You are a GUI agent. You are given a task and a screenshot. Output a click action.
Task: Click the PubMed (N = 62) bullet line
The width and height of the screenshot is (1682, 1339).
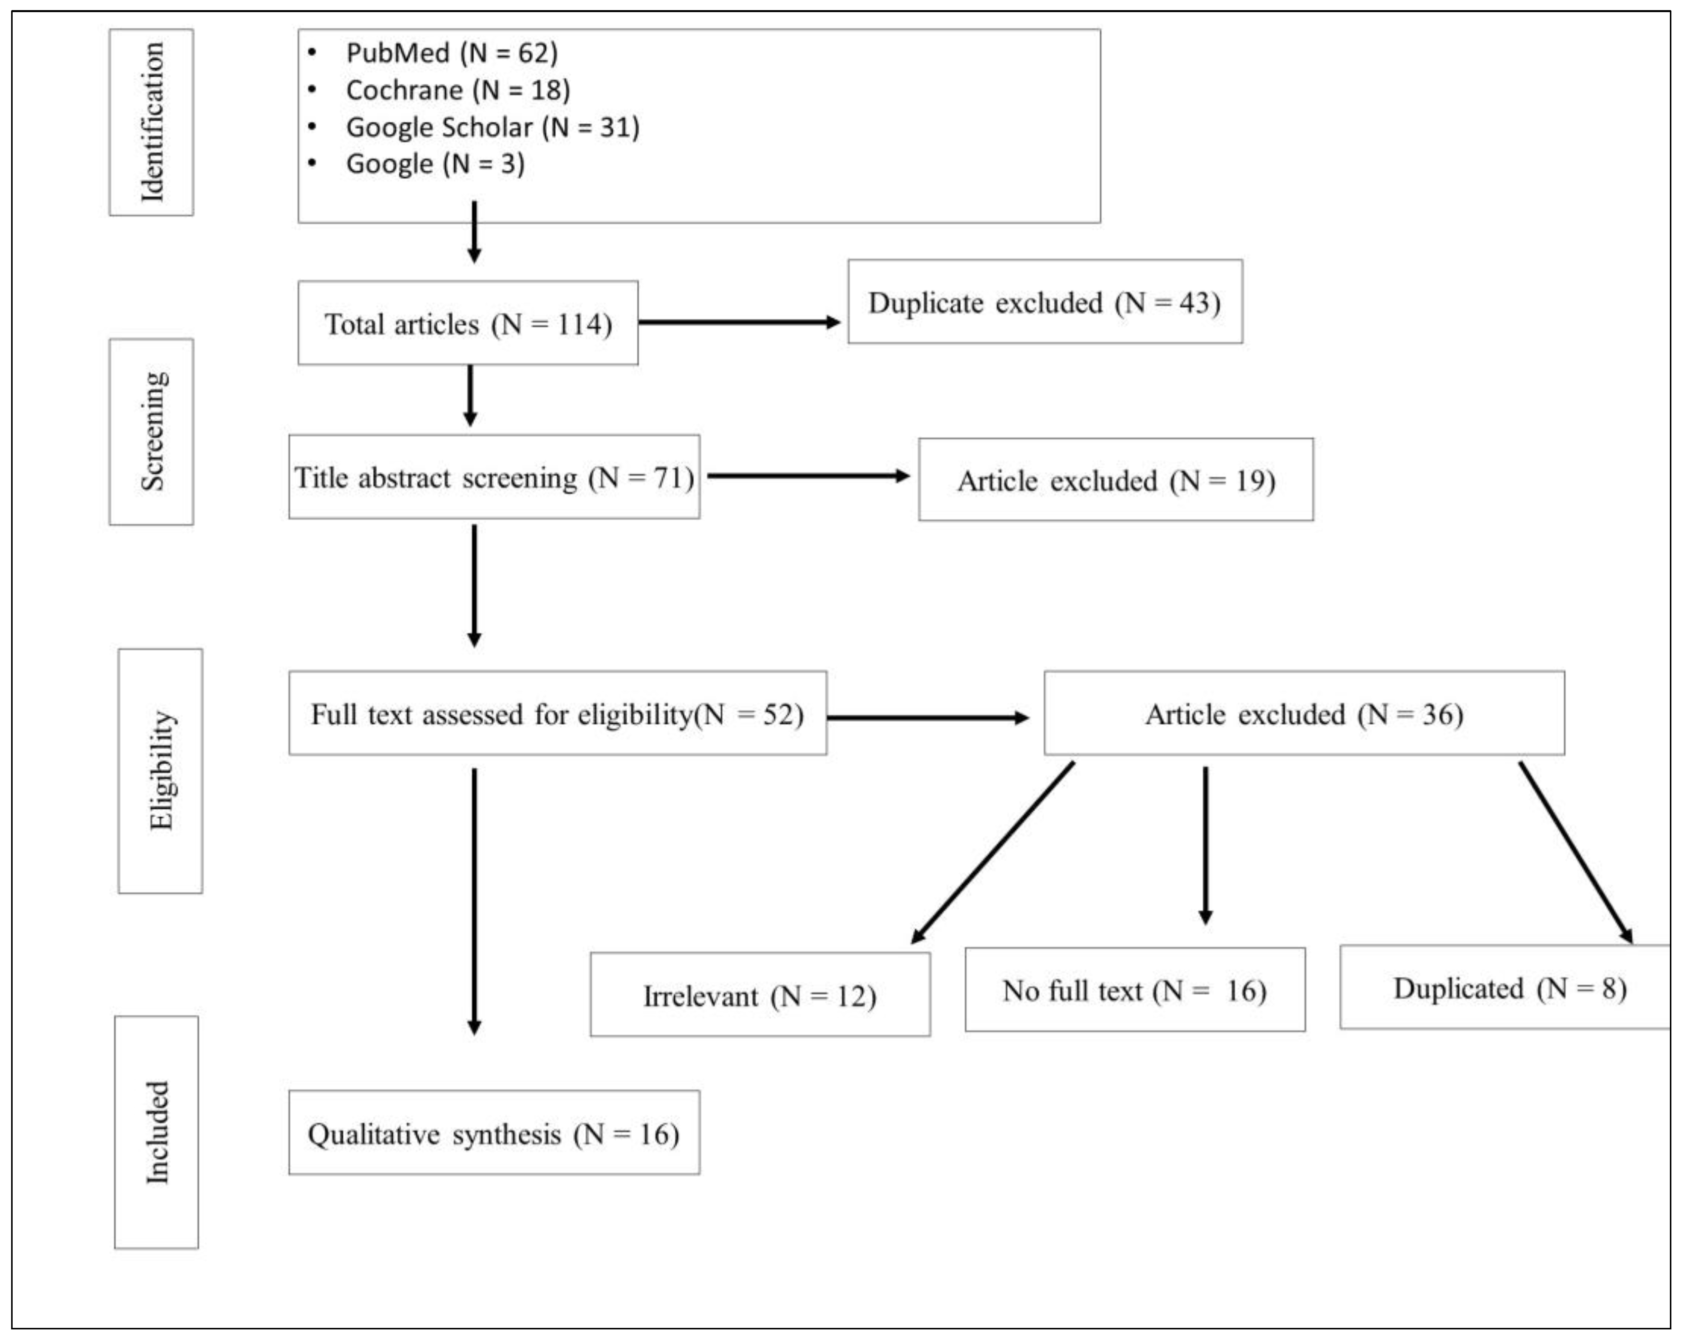[x=452, y=53]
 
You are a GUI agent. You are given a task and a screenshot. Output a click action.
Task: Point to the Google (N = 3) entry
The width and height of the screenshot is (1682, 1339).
[x=435, y=163]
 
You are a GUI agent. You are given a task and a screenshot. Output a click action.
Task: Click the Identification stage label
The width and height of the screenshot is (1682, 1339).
[x=151, y=122]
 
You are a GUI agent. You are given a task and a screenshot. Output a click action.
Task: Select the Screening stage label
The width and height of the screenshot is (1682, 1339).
[x=151, y=431]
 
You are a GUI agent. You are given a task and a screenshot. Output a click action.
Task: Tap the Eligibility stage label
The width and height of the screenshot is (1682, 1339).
[x=161, y=770]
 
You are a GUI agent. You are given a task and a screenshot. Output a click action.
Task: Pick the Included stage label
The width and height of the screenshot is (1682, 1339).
[x=157, y=1132]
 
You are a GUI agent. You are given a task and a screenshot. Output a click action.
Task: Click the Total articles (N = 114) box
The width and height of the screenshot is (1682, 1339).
[x=468, y=323]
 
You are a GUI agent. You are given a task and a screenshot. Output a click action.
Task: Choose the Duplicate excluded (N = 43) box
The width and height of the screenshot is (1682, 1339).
[x=1045, y=302]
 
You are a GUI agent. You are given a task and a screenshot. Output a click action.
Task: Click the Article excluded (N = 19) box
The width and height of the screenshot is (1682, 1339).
[x=1115, y=480]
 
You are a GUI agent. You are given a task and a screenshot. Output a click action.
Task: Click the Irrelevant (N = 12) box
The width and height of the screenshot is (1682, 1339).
[x=760, y=995]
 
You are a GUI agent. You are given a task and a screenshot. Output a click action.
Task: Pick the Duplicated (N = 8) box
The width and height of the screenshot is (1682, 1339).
[x=1505, y=987]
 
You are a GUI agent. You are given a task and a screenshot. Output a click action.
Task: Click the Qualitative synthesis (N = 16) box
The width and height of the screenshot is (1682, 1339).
[x=494, y=1132]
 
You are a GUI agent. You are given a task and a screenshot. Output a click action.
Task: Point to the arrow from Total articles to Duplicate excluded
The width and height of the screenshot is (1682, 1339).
[x=738, y=321]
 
